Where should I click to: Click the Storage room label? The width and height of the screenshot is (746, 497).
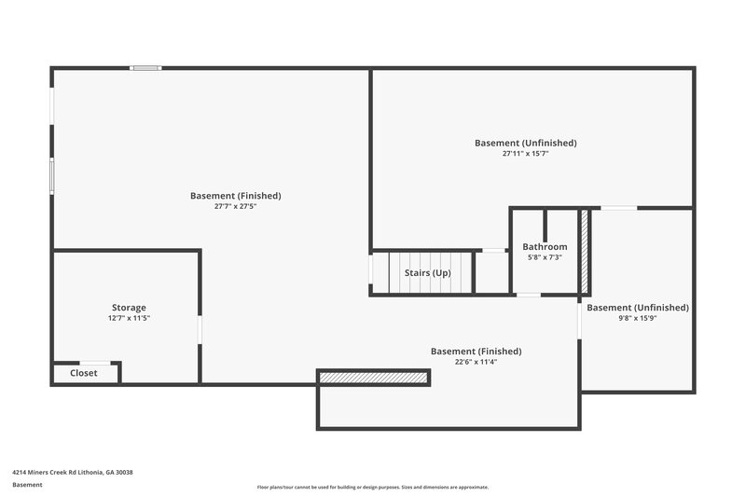tap(129, 308)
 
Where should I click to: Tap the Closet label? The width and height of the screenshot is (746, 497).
tap(84, 374)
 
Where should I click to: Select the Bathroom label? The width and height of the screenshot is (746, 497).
tap(545, 247)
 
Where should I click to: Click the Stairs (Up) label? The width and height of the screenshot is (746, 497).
tap(427, 273)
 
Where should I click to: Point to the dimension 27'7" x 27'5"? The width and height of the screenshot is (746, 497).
tap(235, 206)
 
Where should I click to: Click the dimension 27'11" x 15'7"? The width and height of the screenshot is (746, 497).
tap(525, 153)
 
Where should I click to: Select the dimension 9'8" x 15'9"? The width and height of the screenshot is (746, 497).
tap(638, 318)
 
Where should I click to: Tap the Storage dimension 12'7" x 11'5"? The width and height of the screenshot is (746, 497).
tap(129, 318)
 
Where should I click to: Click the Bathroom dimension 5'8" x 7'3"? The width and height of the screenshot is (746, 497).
tap(545, 257)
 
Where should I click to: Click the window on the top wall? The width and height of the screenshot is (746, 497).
tap(145, 68)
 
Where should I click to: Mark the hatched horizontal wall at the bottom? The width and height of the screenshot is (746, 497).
tap(373, 377)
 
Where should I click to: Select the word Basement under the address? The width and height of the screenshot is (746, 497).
tap(27, 485)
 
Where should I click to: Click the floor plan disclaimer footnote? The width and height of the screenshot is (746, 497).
tap(373, 487)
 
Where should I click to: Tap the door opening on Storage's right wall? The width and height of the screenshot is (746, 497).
tap(200, 329)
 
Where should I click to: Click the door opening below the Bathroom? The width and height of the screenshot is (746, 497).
tap(528, 295)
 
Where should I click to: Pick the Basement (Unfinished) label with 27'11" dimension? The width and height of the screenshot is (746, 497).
tap(525, 143)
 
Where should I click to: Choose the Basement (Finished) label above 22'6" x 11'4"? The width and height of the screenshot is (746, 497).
tap(476, 352)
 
